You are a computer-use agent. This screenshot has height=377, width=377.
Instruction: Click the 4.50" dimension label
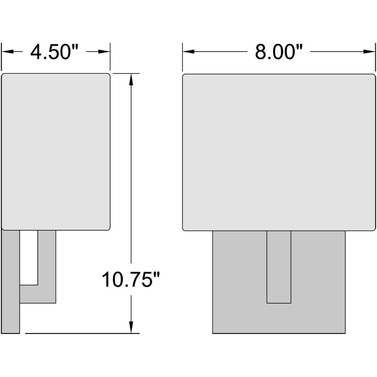pyautogui.click(x=54, y=52)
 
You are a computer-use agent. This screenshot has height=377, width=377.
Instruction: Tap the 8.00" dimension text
pyautogui.click(x=279, y=52)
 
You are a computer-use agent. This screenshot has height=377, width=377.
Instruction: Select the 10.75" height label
pyautogui.click(x=131, y=279)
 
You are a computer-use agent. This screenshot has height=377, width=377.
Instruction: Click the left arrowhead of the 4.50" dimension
pyautogui.click(x=7, y=51)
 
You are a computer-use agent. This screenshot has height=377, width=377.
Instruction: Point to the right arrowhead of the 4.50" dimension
pyautogui.click(x=104, y=51)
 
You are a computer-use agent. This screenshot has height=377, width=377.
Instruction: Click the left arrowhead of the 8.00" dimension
pyautogui.click(x=188, y=51)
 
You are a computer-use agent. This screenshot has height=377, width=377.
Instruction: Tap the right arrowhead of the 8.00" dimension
pyautogui.click(x=369, y=51)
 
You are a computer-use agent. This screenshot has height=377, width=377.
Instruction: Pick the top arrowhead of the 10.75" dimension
pyautogui.click(x=131, y=79)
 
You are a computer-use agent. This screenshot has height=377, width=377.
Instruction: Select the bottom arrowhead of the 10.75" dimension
pyautogui.click(x=131, y=328)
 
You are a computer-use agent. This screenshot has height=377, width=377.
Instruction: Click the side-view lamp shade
pyautogui.click(x=56, y=152)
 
